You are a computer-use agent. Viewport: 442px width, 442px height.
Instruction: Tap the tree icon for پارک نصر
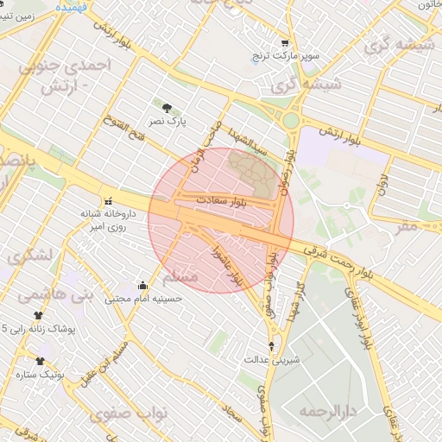167,109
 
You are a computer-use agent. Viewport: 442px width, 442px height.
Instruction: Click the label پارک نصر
167,123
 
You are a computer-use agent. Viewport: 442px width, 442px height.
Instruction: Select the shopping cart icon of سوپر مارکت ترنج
285,42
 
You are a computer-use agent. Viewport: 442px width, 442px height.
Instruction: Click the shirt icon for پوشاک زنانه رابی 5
38,315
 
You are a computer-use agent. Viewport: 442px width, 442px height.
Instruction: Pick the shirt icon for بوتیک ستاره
38,361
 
